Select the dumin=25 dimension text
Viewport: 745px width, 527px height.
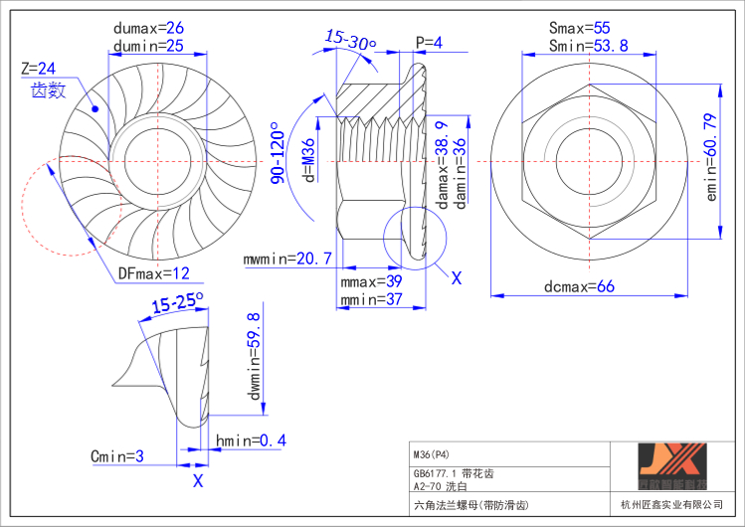click(x=148, y=45)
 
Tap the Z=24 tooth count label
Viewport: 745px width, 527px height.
click(x=38, y=69)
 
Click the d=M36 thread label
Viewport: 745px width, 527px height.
click(x=309, y=160)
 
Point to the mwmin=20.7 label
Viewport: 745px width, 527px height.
click(x=287, y=260)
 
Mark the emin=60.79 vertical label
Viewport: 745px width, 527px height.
click(x=710, y=158)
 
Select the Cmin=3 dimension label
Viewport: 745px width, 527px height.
click(x=117, y=456)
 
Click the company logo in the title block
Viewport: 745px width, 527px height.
click(x=671, y=469)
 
